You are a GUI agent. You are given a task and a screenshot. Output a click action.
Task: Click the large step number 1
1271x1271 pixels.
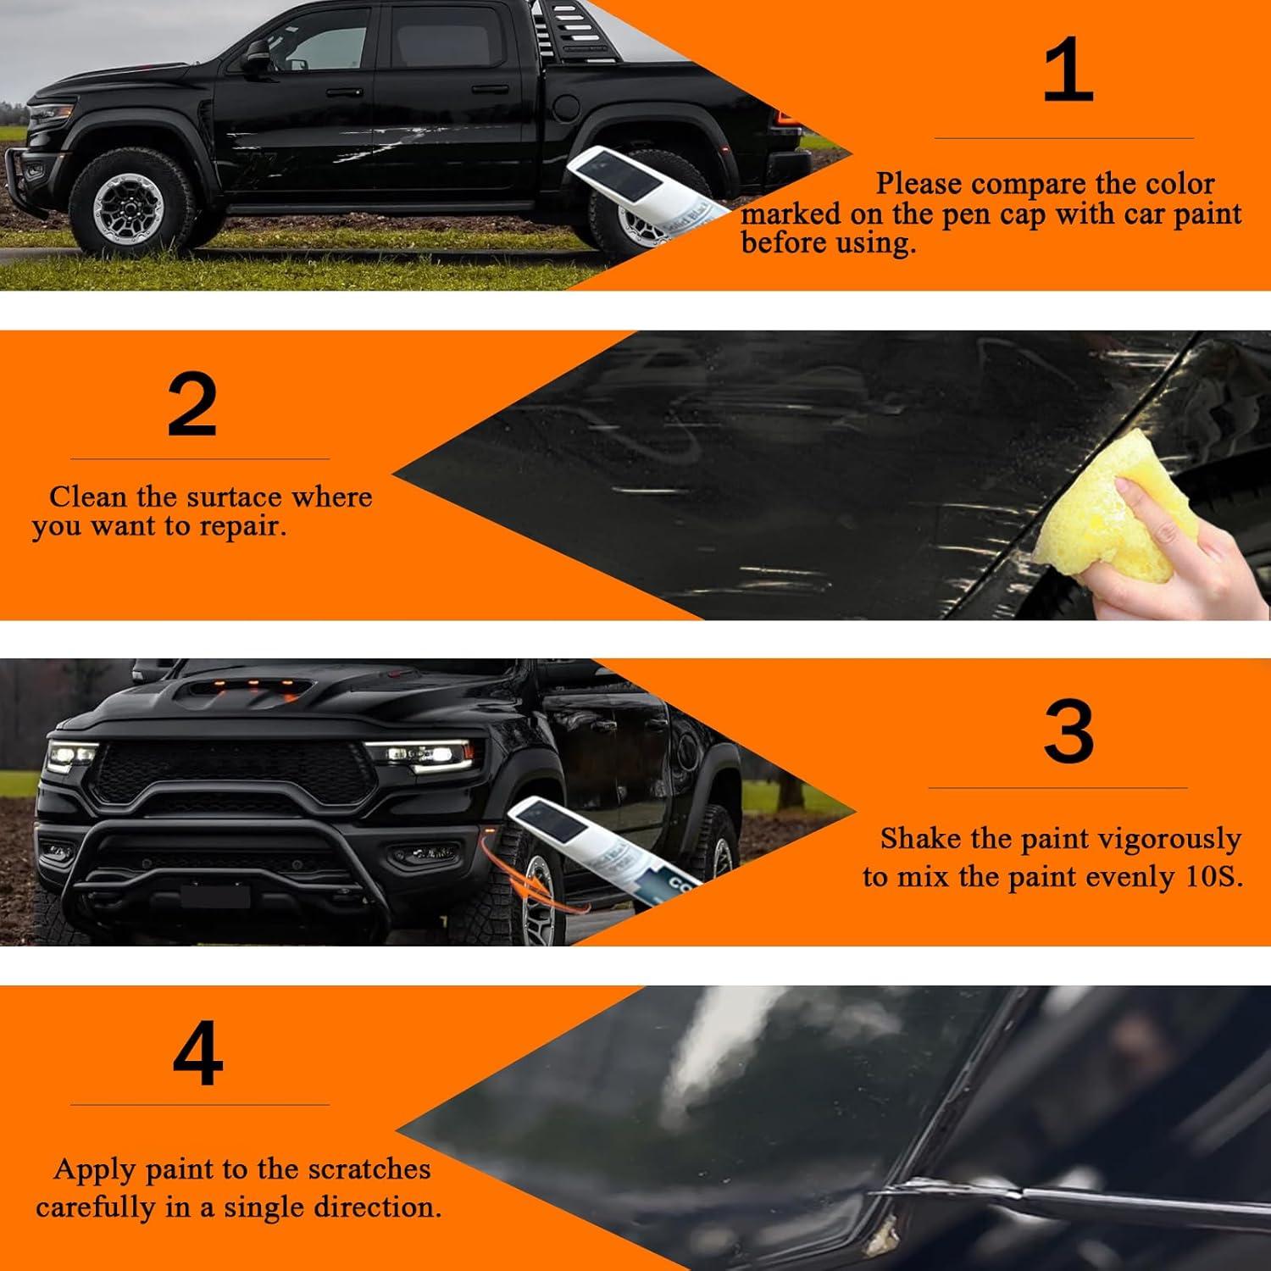click(x=1067, y=71)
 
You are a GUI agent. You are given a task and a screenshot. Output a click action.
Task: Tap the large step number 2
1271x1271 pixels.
click(x=192, y=405)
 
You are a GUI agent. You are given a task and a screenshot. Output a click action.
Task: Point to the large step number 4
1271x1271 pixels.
click(x=197, y=1055)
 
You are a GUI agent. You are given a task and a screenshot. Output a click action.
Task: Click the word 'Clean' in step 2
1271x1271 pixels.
click(x=86, y=497)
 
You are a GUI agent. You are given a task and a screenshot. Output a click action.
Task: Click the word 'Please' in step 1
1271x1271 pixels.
click(x=919, y=184)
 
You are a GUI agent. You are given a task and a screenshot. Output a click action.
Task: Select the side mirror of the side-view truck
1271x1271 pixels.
click(x=257, y=59)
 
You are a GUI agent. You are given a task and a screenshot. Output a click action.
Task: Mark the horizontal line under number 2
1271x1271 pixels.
click(x=200, y=459)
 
